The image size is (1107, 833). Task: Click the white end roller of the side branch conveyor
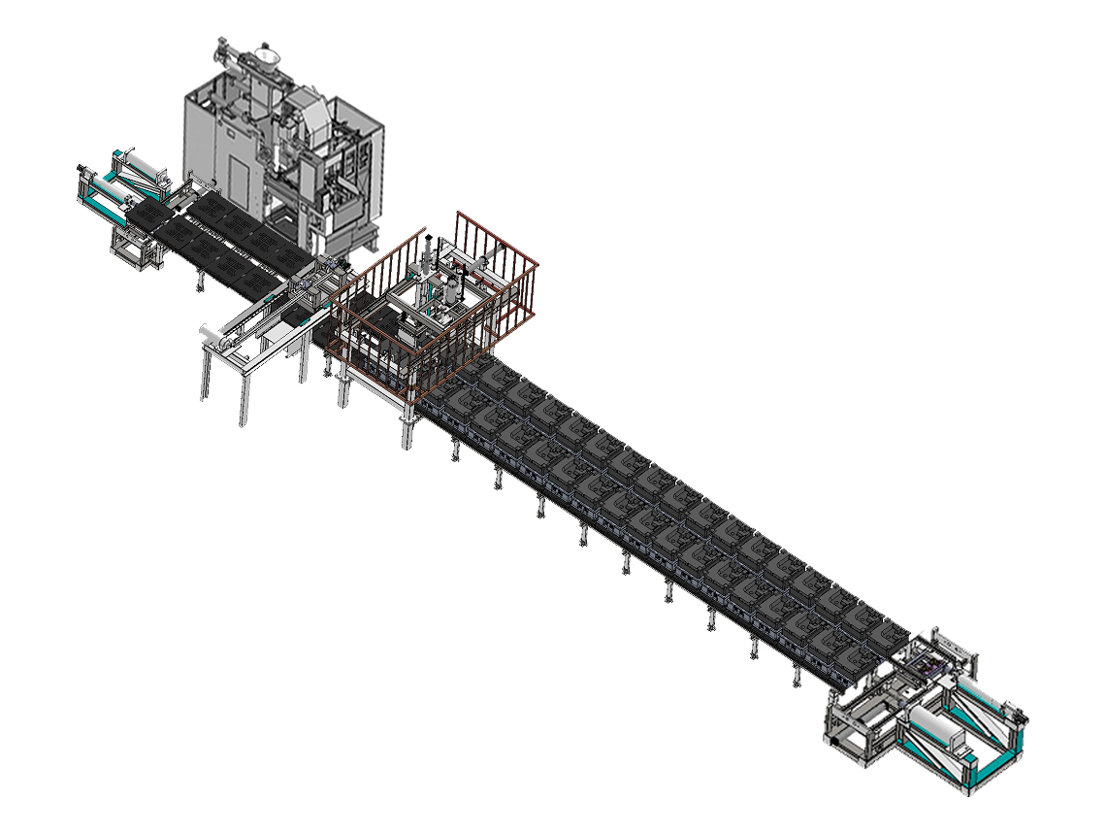(x=212, y=335)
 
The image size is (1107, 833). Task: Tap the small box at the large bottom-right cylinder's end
(x=960, y=744)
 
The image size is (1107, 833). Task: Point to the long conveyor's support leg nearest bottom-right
(x=797, y=675)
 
